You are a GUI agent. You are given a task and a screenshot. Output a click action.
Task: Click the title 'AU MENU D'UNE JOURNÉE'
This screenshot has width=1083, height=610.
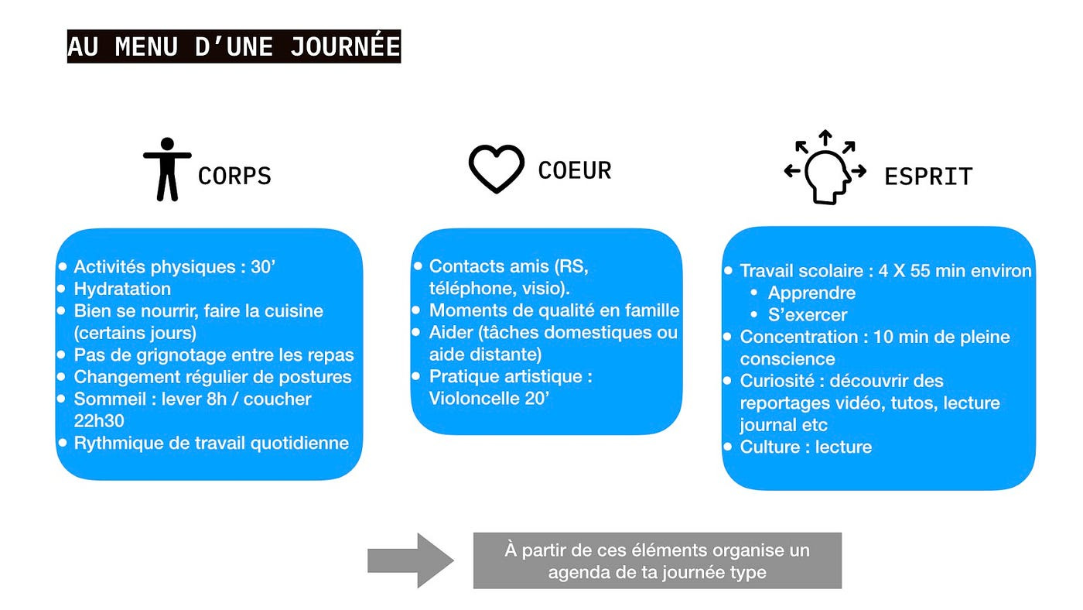pos(234,46)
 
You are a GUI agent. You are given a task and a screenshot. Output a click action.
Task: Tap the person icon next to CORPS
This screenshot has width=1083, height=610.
pos(167,170)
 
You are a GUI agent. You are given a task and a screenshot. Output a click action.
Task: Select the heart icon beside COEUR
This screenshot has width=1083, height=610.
pos(497,169)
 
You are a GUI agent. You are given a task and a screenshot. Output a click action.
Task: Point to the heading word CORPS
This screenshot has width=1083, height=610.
pos(234,176)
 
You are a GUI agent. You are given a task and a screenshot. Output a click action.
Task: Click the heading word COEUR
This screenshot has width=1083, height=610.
pos(574,170)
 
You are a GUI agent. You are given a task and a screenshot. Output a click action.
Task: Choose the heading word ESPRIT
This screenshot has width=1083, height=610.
pos(928,176)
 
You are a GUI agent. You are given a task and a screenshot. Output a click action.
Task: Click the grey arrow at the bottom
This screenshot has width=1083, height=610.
pos(410,560)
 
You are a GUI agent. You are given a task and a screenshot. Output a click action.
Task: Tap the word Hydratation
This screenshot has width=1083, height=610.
pos(122,289)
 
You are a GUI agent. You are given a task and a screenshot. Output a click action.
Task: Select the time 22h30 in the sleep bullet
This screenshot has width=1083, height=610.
pos(99,421)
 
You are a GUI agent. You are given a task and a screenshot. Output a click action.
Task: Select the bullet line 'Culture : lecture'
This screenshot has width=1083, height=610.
pos(805,447)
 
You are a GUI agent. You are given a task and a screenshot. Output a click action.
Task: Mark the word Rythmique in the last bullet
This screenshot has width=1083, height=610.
pos(114,444)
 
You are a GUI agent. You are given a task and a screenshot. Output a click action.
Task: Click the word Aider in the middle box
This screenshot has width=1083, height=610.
pos(449,333)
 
